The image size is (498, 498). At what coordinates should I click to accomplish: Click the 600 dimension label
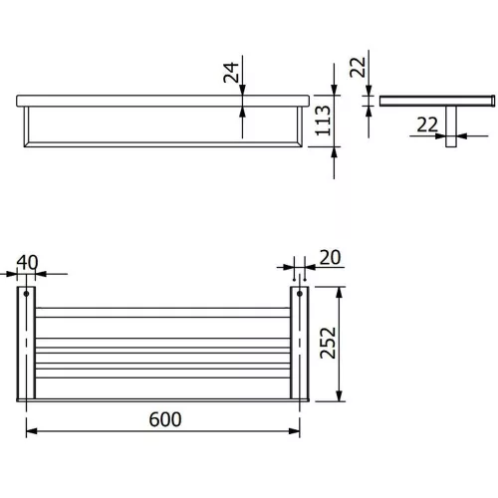[165, 419]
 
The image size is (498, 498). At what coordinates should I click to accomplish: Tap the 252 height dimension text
[328, 343]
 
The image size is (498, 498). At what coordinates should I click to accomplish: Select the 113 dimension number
[323, 121]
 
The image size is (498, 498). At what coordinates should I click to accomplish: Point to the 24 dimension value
[231, 73]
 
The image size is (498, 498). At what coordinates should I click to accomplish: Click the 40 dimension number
[27, 263]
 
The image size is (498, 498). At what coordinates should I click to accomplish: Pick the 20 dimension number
[330, 258]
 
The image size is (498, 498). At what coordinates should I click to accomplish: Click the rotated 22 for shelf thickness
[358, 67]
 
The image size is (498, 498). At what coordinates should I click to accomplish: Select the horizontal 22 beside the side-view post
[427, 125]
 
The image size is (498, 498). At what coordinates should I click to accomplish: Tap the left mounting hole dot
[26, 294]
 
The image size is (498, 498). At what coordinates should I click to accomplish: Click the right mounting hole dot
[300, 294]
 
